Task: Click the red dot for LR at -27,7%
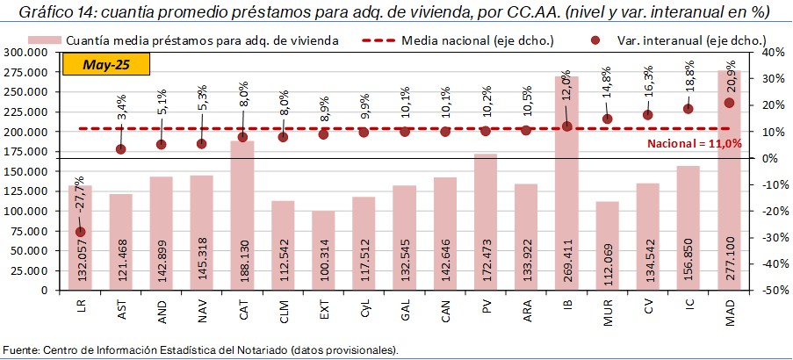(81, 232)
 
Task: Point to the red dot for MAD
(729, 103)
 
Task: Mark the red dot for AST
(121, 149)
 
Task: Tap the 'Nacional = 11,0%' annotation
(694, 143)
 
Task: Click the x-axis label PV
(486, 310)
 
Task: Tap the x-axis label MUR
(608, 313)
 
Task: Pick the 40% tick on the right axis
(760, 52)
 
